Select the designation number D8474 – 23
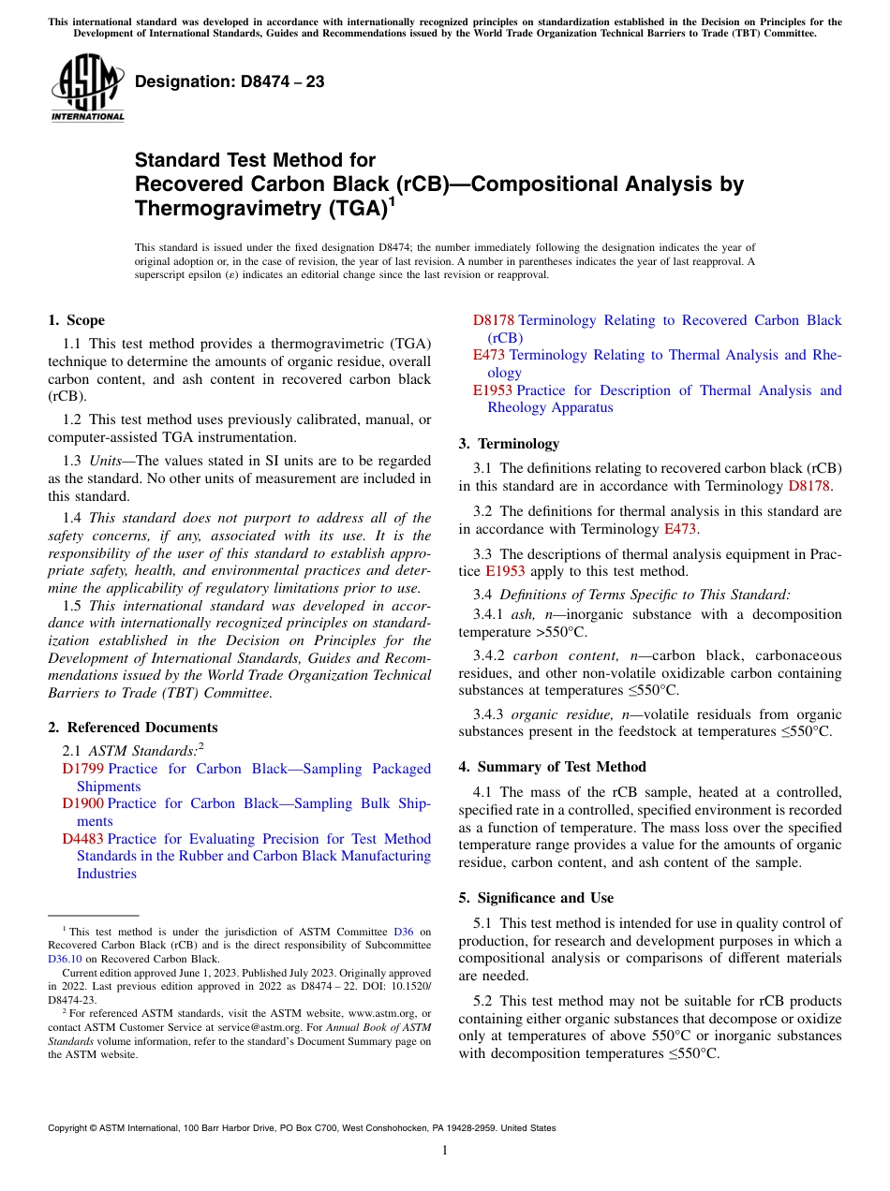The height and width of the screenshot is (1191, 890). pyautogui.click(x=230, y=81)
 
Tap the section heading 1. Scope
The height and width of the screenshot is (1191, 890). pyautogui.click(x=77, y=320)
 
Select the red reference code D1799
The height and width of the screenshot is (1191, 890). pyautogui.click(x=83, y=769)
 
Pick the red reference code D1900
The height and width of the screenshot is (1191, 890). pyautogui.click(x=83, y=803)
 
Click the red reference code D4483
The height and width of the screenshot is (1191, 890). pyautogui.click(x=83, y=839)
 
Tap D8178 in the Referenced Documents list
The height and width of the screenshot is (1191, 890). pyautogui.click(x=493, y=320)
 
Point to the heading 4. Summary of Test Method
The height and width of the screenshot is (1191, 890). pyautogui.click(x=552, y=767)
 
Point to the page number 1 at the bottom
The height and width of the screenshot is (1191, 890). pyautogui.click(x=445, y=1151)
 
